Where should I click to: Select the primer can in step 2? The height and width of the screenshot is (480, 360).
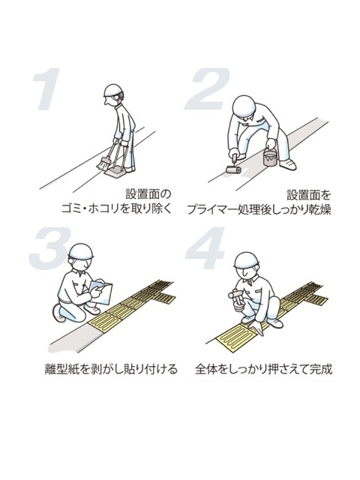pos(270,158)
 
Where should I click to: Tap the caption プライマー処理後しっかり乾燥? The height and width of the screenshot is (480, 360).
pos(259,208)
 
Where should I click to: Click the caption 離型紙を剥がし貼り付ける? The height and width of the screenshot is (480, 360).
pos(110,369)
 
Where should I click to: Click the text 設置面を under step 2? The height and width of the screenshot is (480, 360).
pos(308,193)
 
